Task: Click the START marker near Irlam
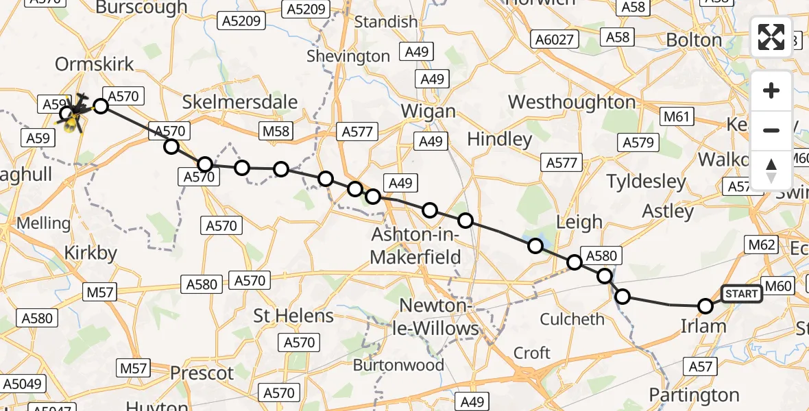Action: (x=741, y=294)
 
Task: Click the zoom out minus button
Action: (x=771, y=130)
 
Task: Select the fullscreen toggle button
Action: (x=771, y=37)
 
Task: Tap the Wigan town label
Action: (x=428, y=111)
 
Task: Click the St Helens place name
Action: (x=293, y=316)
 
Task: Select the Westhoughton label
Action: (x=572, y=103)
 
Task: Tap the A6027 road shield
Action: (x=553, y=39)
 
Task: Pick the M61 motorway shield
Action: (x=675, y=117)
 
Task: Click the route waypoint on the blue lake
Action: (x=535, y=245)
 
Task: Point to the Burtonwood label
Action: (x=398, y=365)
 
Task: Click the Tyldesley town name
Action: (x=647, y=182)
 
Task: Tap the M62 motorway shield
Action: (x=761, y=245)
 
